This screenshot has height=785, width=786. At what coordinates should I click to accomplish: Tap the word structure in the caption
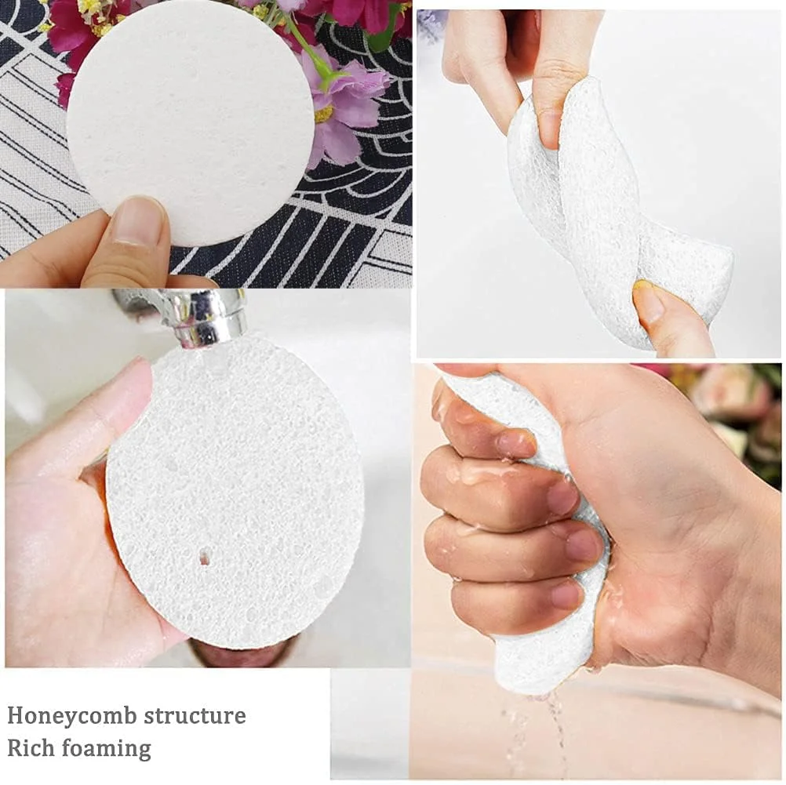(195, 715)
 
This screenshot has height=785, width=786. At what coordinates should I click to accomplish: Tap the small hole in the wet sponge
(204, 556)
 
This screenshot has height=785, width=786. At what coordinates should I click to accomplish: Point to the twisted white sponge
(617, 210)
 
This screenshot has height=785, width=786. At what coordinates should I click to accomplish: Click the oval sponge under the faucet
(235, 491)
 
